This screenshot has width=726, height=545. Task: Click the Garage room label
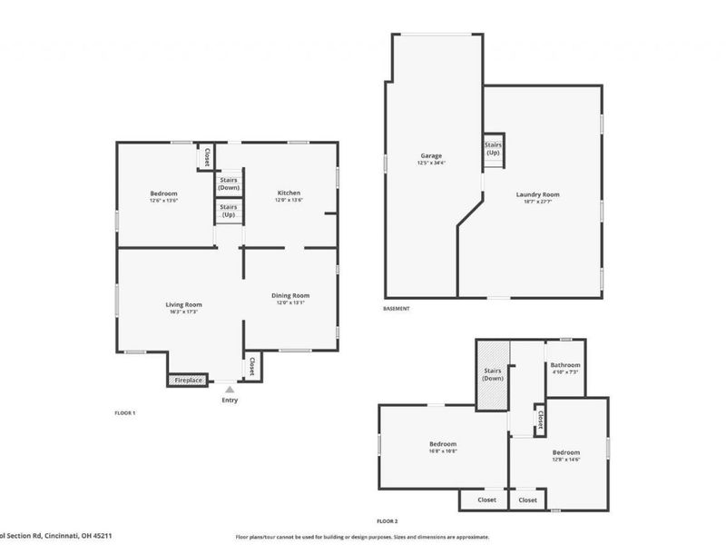431,155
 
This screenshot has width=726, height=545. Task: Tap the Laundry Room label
537,194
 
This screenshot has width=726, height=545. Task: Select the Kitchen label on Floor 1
289,193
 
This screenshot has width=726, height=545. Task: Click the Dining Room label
290,295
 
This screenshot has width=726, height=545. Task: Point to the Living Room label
183,304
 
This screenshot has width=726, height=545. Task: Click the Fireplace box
188,381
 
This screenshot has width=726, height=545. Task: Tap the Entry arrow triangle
229,388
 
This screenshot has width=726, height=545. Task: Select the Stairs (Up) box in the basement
493,149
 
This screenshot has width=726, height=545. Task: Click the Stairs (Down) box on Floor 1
228,183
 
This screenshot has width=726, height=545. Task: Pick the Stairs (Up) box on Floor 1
228,212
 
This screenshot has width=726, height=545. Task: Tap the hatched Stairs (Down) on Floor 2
493,373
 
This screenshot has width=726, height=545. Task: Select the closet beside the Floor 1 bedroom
207,155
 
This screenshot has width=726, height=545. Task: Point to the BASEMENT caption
397,309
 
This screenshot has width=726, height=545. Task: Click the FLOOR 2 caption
388,521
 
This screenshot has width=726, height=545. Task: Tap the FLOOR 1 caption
124,413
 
